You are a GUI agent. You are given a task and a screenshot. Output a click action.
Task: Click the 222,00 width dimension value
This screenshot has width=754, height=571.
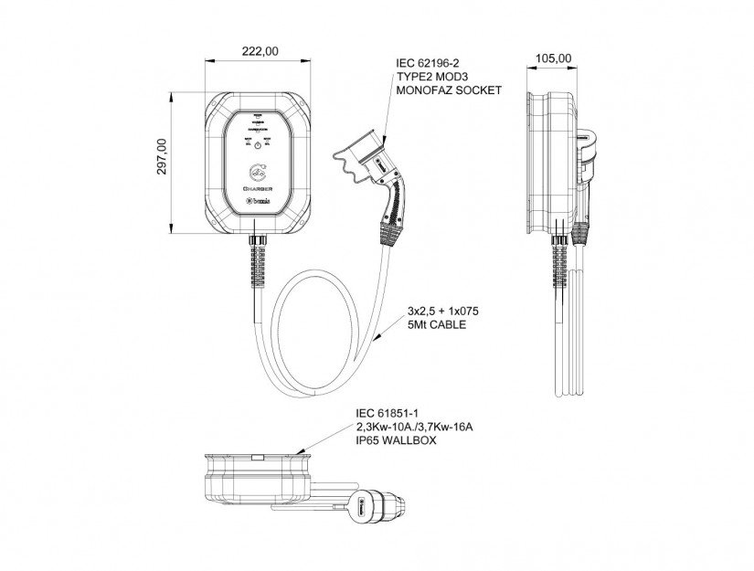259,53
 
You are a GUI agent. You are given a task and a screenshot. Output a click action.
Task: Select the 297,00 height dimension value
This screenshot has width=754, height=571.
162,157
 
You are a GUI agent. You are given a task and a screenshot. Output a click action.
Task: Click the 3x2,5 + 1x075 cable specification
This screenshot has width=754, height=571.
445,312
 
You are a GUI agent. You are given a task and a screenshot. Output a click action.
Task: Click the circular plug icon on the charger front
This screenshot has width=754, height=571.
259,171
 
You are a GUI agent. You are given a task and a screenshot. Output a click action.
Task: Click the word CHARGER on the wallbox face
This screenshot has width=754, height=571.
259,189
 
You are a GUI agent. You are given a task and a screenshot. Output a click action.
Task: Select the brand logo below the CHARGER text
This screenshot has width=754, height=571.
259,201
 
